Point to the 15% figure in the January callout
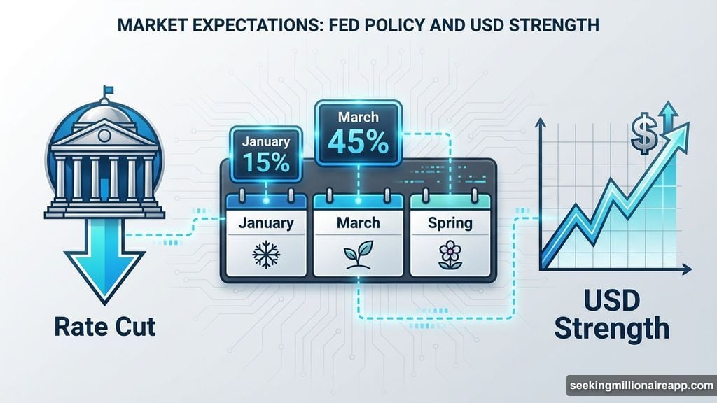266,162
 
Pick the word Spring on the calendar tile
450,224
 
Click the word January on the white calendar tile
266,225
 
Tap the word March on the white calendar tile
357,224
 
